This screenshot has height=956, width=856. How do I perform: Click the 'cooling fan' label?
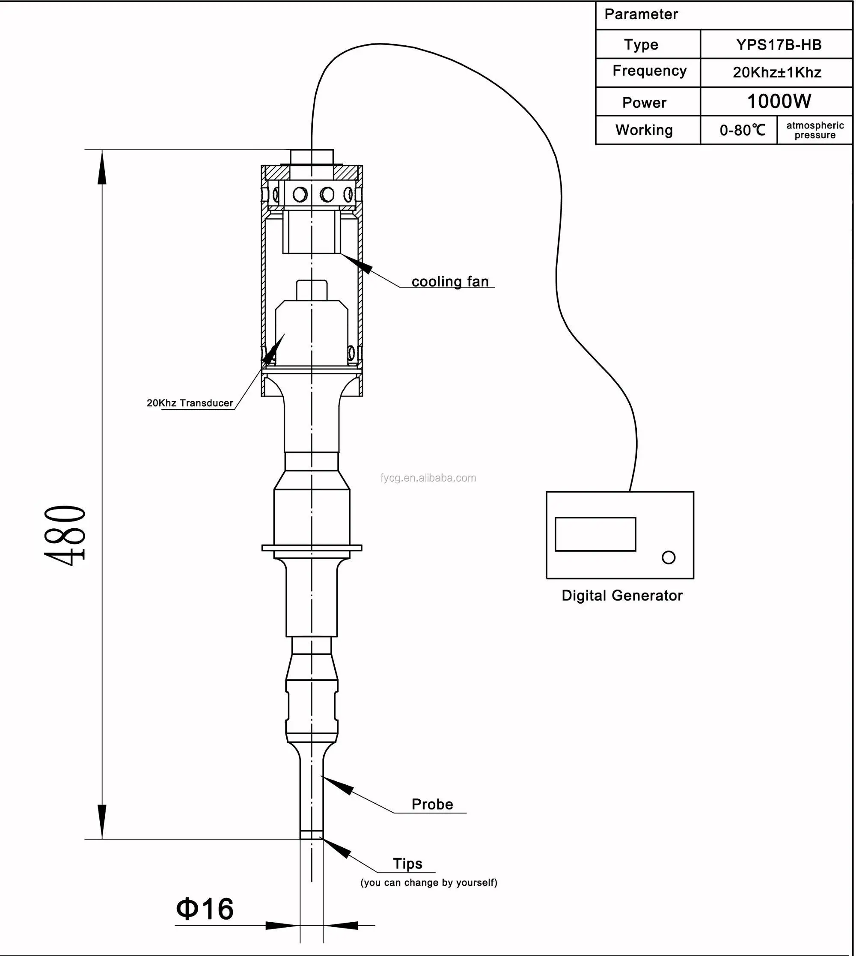(450, 281)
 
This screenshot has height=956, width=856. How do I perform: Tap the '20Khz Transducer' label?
(190, 403)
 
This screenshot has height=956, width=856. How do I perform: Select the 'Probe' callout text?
(432, 804)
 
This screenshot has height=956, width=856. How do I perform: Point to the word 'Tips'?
(407, 864)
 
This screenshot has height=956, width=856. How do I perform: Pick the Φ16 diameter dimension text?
(205, 908)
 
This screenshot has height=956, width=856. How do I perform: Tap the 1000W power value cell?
(779, 101)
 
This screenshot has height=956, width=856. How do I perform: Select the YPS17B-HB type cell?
(779, 45)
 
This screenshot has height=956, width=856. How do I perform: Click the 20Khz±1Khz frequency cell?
(777, 72)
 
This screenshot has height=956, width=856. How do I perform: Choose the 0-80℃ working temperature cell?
(742, 130)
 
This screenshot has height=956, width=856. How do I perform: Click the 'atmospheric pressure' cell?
(814, 130)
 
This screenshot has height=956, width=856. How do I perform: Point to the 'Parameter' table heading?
(641, 15)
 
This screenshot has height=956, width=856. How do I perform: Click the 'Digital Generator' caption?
(621, 595)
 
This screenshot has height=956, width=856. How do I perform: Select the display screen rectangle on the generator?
(595, 534)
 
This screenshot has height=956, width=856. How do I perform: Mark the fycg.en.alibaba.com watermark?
(428, 478)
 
